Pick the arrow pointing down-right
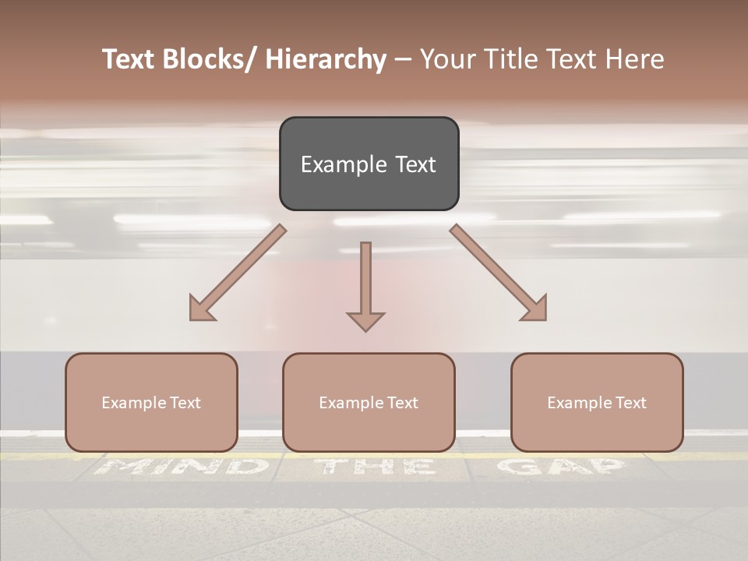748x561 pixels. (499, 273)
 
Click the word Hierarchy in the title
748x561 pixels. (326, 59)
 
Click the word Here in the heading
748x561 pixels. (635, 59)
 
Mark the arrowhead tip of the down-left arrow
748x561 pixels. (191, 319)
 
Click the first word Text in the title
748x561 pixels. (130, 59)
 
